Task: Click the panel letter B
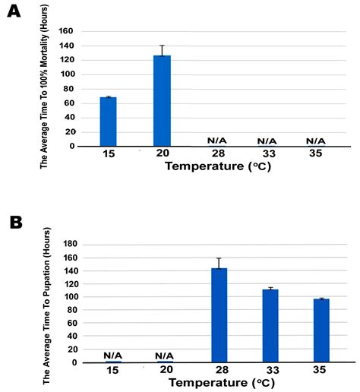14,222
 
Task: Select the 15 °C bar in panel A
108,122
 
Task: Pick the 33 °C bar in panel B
270,326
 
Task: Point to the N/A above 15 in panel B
113,356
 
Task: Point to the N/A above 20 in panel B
166,356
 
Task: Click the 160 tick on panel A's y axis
66,32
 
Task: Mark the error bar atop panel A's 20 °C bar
162,51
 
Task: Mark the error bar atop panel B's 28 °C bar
220,263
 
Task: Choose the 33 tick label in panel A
267,153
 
